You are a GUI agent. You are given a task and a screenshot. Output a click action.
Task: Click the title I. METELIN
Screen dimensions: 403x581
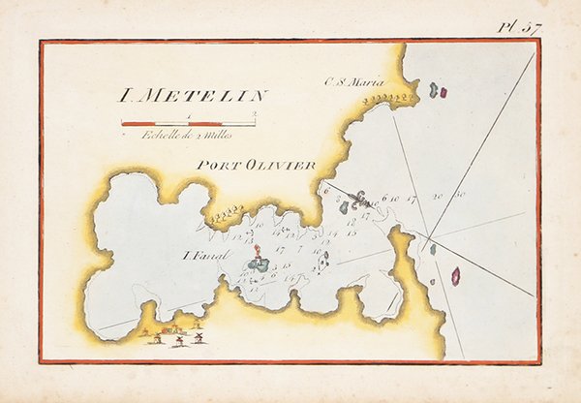193,95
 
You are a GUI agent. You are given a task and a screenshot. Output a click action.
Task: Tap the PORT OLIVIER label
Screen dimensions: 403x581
256,166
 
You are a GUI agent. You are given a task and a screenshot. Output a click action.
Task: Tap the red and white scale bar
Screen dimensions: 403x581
188,123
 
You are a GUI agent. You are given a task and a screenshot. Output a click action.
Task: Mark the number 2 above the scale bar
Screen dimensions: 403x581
253,115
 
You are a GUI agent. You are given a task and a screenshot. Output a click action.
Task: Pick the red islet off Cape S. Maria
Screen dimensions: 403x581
442,93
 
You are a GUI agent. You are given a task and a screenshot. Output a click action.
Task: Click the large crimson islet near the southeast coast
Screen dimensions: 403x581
455,276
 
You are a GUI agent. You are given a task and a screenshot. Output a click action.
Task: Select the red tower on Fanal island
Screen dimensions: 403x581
257,250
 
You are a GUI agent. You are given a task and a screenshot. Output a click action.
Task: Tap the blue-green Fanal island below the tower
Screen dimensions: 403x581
259,263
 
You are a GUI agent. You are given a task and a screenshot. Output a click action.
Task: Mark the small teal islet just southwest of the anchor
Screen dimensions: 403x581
344,207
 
